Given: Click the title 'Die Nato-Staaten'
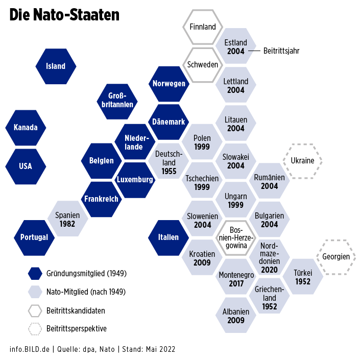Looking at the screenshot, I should pos(64,15).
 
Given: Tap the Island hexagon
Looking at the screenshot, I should pos(56,66).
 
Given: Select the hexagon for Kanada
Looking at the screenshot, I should pos(25,127).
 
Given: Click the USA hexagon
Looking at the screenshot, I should pos(25,166).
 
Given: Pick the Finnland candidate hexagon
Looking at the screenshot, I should pos(203,27).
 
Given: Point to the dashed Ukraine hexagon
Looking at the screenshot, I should pos(302,161).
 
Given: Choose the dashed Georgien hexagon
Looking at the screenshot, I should pos(336,257).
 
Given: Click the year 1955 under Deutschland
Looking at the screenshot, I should pos(169,171).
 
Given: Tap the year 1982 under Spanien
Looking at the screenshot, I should pos(67,224).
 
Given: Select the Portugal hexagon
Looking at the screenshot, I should pos(34,237).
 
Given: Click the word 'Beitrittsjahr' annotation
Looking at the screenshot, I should pos(281,51).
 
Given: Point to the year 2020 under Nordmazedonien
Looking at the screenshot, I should pos(269,269).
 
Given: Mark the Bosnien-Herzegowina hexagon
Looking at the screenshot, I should pos(236,237).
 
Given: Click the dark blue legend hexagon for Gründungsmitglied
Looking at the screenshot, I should pos(35,274).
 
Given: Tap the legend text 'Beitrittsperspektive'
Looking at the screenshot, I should pos(76,329).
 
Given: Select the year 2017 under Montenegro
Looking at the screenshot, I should pos(236,283).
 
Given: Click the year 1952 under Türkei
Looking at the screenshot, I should pos(303,282).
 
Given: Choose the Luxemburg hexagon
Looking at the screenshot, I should pos(135,180).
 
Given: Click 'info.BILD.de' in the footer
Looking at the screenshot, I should pos(30,349).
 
